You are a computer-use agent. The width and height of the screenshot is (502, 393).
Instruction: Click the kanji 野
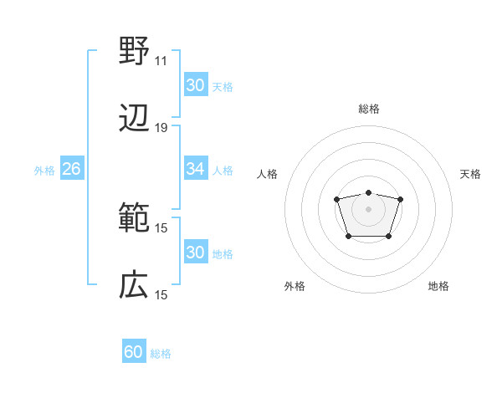coord(134,52)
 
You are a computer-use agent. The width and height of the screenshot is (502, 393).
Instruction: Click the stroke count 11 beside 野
coord(161,61)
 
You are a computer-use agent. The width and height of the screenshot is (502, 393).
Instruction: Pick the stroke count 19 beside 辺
coord(161,128)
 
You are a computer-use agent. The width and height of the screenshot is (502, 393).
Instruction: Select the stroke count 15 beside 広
coord(161,295)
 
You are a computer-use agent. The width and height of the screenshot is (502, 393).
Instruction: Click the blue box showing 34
coord(195,169)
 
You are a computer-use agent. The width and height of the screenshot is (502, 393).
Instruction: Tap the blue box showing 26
coord(71,169)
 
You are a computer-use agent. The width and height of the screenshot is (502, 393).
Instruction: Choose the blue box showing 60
coord(134,352)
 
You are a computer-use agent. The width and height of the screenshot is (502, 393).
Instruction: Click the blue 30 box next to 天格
coord(195,85)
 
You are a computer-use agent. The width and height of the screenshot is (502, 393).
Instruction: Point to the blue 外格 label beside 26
coord(44,170)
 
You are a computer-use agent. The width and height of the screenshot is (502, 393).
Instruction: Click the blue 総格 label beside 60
coord(161,354)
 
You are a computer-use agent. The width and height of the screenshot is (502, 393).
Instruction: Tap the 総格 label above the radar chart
coord(368,110)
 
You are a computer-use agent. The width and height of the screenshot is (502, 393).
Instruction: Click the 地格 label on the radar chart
coord(438,286)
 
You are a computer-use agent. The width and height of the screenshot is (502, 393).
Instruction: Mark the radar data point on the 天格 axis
coord(400,199)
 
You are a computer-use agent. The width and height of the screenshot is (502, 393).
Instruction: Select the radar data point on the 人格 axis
coord(336,199)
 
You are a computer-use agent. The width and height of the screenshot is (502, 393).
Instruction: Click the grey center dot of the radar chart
coord(368,208)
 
